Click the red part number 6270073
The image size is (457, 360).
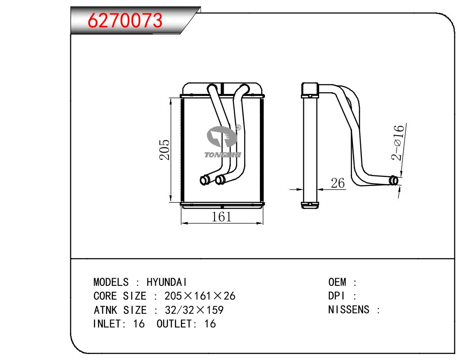click(x=125, y=20)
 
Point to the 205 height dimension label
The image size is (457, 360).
click(x=164, y=149)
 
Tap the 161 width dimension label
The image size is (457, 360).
click(x=221, y=217)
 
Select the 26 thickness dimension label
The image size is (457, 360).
click(x=338, y=183)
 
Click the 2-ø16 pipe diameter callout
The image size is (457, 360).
click(x=398, y=142)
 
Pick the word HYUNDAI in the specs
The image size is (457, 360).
click(x=167, y=282)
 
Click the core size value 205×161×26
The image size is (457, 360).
click(x=200, y=296)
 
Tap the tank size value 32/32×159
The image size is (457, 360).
click(x=194, y=310)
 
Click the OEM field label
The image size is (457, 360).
click(x=337, y=282)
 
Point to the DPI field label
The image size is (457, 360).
click(x=336, y=296)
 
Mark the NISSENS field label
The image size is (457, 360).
click(x=349, y=310)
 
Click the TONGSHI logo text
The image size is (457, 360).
click(x=223, y=155)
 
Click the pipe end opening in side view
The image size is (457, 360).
click(x=394, y=180)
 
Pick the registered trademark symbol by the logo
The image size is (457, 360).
click(x=238, y=128)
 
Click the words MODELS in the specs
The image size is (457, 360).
click(x=111, y=282)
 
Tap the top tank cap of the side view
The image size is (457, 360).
click(x=310, y=90)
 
